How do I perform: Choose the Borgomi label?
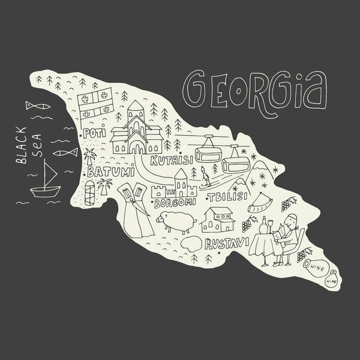coord(174,203)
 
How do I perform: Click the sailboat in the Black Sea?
coord(46,183)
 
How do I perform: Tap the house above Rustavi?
coord(218,219)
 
